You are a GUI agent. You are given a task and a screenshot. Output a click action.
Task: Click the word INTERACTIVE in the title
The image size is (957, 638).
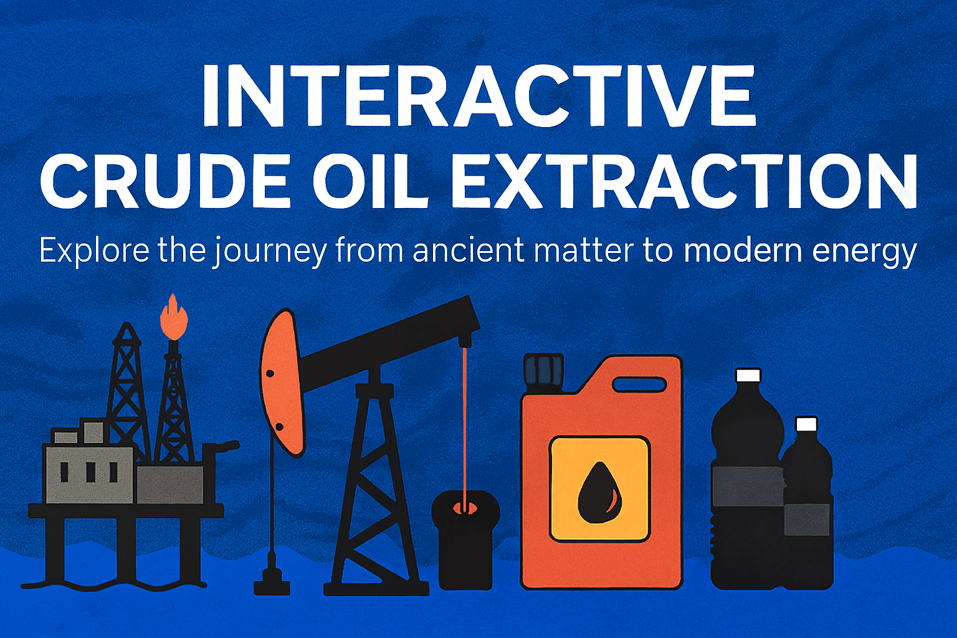coord(478,95)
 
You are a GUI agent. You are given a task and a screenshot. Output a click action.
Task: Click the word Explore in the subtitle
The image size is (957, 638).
coord(93,250)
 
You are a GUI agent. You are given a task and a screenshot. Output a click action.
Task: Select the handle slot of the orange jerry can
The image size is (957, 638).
coord(639,384)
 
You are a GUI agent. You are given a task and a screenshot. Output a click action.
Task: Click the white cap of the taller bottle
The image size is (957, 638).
coord(748,375)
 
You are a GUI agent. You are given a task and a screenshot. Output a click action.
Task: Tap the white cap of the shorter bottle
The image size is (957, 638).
coord(806,424)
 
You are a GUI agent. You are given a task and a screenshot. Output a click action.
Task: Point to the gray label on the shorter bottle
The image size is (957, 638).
coord(807,519)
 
